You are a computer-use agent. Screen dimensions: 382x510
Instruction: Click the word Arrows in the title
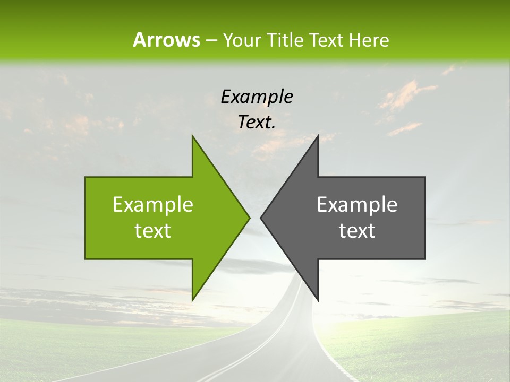(x=166, y=40)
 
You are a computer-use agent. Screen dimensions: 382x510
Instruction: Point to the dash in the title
(x=211, y=40)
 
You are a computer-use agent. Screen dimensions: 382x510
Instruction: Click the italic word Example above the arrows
(x=257, y=97)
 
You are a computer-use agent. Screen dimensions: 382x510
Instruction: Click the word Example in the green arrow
(x=153, y=205)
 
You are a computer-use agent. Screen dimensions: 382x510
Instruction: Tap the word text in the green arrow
(x=153, y=231)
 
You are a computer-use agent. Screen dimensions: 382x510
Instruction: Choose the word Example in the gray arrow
(x=357, y=205)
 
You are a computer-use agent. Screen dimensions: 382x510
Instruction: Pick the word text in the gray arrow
(x=357, y=231)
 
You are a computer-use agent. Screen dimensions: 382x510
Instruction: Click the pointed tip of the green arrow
(x=250, y=218)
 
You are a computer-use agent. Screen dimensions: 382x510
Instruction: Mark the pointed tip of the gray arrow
(x=260, y=218)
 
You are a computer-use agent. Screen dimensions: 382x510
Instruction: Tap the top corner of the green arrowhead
(x=192, y=135)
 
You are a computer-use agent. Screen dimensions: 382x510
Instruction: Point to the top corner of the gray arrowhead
(x=318, y=135)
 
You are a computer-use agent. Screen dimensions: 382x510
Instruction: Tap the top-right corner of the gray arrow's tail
(x=425, y=177)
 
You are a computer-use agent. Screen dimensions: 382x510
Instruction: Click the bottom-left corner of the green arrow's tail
(x=86, y=259)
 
